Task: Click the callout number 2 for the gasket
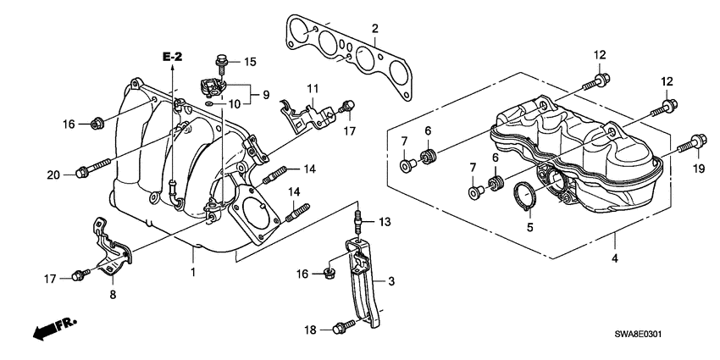[x=374, y=30]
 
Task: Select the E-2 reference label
[x=173, y=56]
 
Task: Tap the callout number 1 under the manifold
[x=192, y=273]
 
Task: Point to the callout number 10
[x=233, y=103]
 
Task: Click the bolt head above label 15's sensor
[x=221, y=60]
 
